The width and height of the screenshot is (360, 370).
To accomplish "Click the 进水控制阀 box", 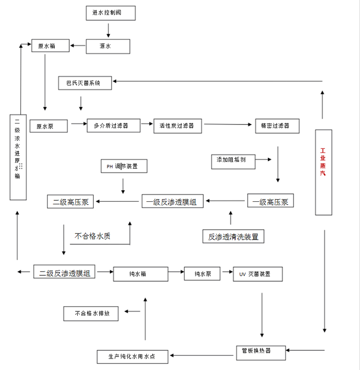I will (110, 12).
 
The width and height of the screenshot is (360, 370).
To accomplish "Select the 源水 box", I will (108, 46).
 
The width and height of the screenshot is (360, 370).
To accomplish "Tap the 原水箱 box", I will (50, 46).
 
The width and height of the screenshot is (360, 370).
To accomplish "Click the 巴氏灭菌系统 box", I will (84, 83).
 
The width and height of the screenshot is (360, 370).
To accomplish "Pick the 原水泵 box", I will (48, 126).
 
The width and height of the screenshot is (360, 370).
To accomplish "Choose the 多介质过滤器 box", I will (113, 126).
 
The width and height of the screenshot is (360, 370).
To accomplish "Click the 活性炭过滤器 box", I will (178, 126).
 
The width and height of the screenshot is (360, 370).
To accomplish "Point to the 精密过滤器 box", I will (277, 126).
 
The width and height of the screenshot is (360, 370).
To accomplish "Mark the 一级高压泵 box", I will (271, 201).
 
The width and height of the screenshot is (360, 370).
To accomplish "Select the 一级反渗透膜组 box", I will (172, 201).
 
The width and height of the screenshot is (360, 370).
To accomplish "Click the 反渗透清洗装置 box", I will (233, 236).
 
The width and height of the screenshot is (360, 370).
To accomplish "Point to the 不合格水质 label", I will (93, 236).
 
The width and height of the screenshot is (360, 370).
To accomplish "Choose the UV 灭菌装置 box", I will (257, 274).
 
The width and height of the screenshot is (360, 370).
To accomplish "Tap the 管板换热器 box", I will (261, 351).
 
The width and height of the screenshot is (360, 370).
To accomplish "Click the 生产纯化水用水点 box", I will (132, 357).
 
